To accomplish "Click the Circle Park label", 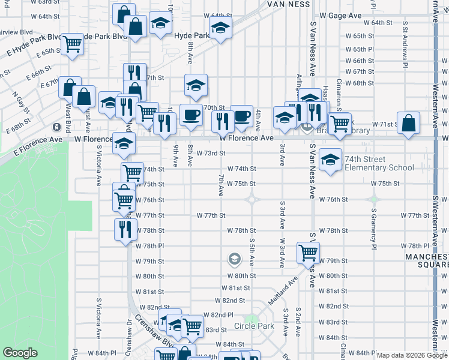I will point(254,326).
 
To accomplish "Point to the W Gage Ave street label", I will point(340,15).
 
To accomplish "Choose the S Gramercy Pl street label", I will point(373,229).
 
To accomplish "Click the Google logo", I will point(20,353).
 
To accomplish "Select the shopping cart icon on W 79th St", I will point(308,253).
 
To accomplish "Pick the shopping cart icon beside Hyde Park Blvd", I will point(72,43).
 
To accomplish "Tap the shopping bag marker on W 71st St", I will point(408,123).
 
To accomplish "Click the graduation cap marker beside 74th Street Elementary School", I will point(330,160).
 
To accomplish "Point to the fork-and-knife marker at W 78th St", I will point(125,229).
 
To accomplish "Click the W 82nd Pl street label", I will point(218,314).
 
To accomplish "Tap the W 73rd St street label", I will point(211,153).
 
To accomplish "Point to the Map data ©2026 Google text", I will point(411,355).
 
